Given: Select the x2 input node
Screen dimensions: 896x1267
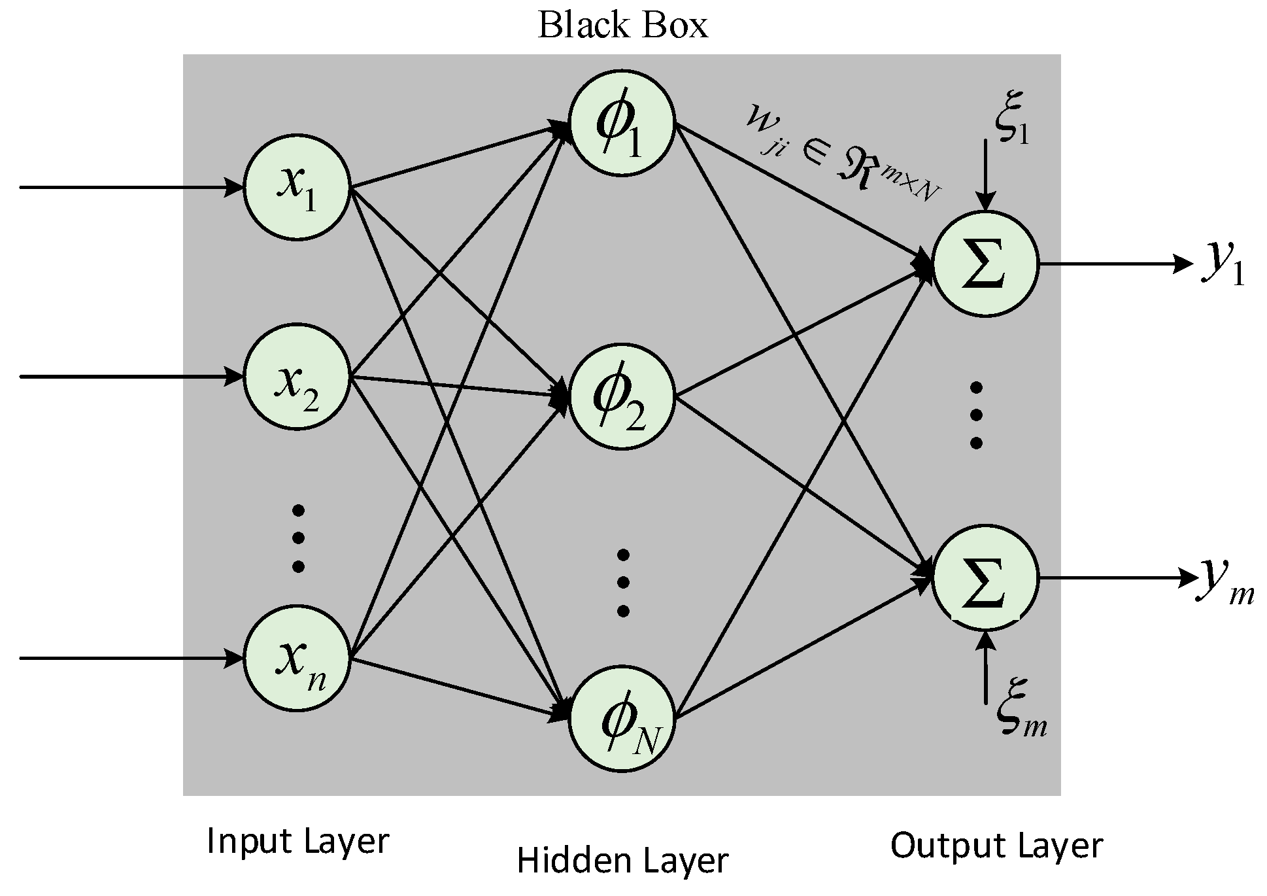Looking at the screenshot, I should pos(297,377).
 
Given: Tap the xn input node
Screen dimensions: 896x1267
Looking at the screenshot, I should pos(297,658).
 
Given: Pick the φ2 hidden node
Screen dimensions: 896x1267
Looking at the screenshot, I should pos(621,396).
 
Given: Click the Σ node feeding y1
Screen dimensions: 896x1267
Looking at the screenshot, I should pos(985,264).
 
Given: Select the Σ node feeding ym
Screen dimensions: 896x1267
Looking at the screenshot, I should pos(985,578).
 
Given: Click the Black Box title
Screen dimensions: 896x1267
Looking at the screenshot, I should pos(622,26).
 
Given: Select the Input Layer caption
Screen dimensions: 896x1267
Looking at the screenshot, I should pos(297,841).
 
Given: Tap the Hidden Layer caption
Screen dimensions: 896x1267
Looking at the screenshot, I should pos(622,861).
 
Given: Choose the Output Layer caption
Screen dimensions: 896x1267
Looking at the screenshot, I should pos(996,845).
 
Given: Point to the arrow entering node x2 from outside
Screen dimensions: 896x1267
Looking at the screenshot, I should pos(131,377).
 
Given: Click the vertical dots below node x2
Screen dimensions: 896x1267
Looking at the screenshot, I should pos(298,538).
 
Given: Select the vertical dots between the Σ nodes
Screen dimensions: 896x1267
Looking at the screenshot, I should pos(976,415).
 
